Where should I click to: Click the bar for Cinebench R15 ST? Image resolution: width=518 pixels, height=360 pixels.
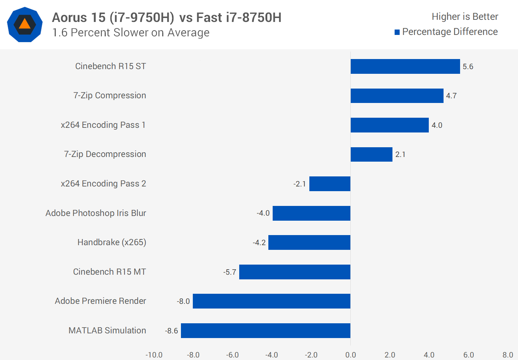[x=405, y=66]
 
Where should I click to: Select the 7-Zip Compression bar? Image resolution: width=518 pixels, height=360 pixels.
[x=397, y=96]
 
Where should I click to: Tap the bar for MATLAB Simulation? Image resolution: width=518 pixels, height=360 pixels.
[x=265, y=330]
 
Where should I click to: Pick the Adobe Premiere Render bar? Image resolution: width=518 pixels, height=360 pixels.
[x=271, y=301]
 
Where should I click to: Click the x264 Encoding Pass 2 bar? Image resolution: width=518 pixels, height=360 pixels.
[x=330, y=184]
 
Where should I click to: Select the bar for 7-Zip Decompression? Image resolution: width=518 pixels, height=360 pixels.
[x=371, y=154]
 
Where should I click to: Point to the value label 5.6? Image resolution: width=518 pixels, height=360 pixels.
[x=468, y=67]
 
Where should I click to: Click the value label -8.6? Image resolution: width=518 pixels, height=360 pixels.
[x=172, y=331]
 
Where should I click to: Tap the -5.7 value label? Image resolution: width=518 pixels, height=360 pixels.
[x=230, y=272]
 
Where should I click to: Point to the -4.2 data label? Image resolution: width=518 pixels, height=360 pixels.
[x=259, y=243]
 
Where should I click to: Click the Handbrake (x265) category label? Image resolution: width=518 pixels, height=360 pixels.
[x=112, y=242]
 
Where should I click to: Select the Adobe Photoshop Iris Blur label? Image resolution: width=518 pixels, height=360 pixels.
[x=96, y=213]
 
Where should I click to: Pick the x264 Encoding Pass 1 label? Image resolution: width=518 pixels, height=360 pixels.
[x=103, y=125]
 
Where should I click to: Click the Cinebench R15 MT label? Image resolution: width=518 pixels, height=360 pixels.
[x=109, y=272]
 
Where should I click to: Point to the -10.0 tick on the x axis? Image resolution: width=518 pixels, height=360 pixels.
[x=154, y=355]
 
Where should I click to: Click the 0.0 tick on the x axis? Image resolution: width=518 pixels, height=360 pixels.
[x=350, y=355]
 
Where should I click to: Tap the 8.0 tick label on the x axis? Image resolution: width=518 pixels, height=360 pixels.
[x=508, y=355]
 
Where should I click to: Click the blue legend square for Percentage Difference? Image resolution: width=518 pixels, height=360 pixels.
[x=397, y=32]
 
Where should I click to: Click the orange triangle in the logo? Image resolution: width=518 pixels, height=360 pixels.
[x=24, y=24]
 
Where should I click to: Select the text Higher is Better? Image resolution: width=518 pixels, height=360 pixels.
[x=465, y=17]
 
